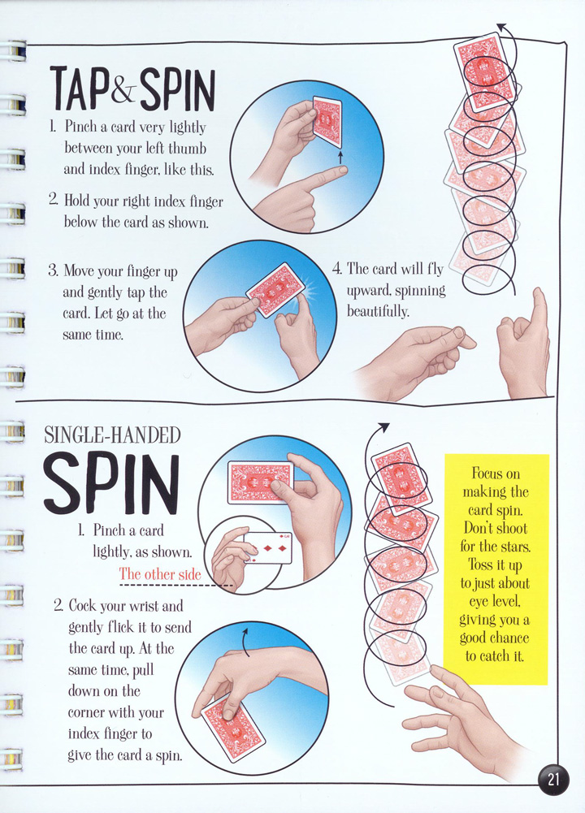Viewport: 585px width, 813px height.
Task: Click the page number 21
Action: tap(553, 780)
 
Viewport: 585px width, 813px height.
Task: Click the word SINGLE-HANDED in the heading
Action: tap(112, 435)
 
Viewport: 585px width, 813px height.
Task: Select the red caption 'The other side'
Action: tap(160, 574)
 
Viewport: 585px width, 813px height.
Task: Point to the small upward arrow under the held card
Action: tap(340, 158)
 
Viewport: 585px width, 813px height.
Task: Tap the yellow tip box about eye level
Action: tap(496, 569)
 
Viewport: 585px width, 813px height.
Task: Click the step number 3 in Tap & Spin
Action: tap(53, 270)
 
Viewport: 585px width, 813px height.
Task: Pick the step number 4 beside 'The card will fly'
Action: tap(336, 269)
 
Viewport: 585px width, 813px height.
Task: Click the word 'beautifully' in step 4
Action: tap(378, 311)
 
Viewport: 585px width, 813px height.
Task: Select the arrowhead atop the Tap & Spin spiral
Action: tap(501, 27)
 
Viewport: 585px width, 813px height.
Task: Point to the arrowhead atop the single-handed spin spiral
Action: tap(383, 426)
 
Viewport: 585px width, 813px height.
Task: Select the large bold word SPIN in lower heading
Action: tap(112, 484)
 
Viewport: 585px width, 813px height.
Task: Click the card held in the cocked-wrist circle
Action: tap(233, 732)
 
